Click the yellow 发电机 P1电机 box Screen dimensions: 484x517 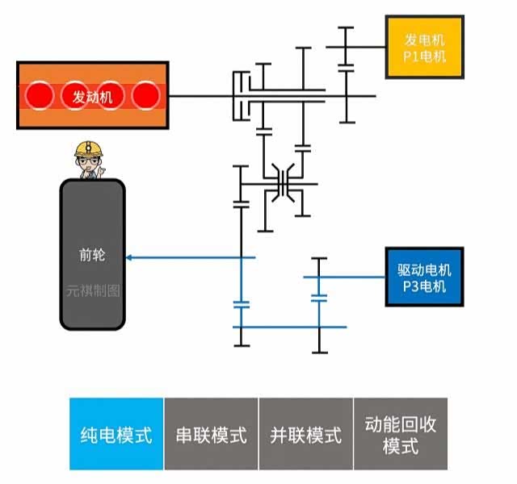(x=427, y=47)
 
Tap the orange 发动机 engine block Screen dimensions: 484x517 (x=93, y=95)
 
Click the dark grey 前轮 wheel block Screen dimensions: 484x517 (x=93, y=254)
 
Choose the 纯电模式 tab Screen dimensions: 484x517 (x=116, y=434)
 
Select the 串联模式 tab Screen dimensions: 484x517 (x=211, y=434)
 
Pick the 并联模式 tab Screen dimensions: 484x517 (x=305, y=434)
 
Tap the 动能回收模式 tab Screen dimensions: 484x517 (x=401, y=434)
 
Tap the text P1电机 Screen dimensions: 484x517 (x=426, y=56)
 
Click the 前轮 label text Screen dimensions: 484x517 (x=92, y=255)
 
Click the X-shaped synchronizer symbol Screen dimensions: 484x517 (x=283, y=183)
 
